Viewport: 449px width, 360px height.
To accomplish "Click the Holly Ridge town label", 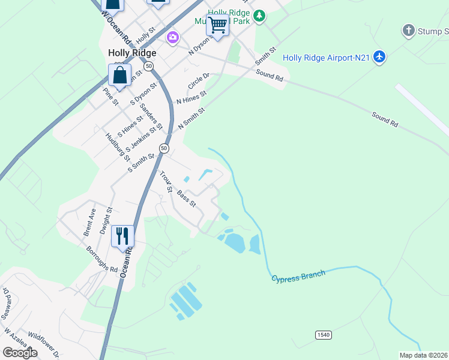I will (x=131, y=53).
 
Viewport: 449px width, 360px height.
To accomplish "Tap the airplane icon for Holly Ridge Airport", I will (x=379, y=57).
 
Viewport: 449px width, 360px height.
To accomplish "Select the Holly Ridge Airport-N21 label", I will (x=326, y=58).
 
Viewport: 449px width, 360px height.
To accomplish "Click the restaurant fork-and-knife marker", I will (x=122, y=235).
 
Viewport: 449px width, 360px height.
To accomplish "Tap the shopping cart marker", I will (x=217, y=25).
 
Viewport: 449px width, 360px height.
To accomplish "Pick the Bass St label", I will (x=186, y=199).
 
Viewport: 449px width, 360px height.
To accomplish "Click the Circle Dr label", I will (x=198, y=80).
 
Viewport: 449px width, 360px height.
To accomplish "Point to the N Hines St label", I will (x=191, y=97).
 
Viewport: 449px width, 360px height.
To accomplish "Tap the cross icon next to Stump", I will (x=409, y=30).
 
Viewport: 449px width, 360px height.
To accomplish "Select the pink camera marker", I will (x=173, y=38).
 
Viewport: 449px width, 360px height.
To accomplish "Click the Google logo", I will (x=20, y=353).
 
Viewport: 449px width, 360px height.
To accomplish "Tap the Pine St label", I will (x=110, y=96).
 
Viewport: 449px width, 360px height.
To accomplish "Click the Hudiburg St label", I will (x=118, y=146).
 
